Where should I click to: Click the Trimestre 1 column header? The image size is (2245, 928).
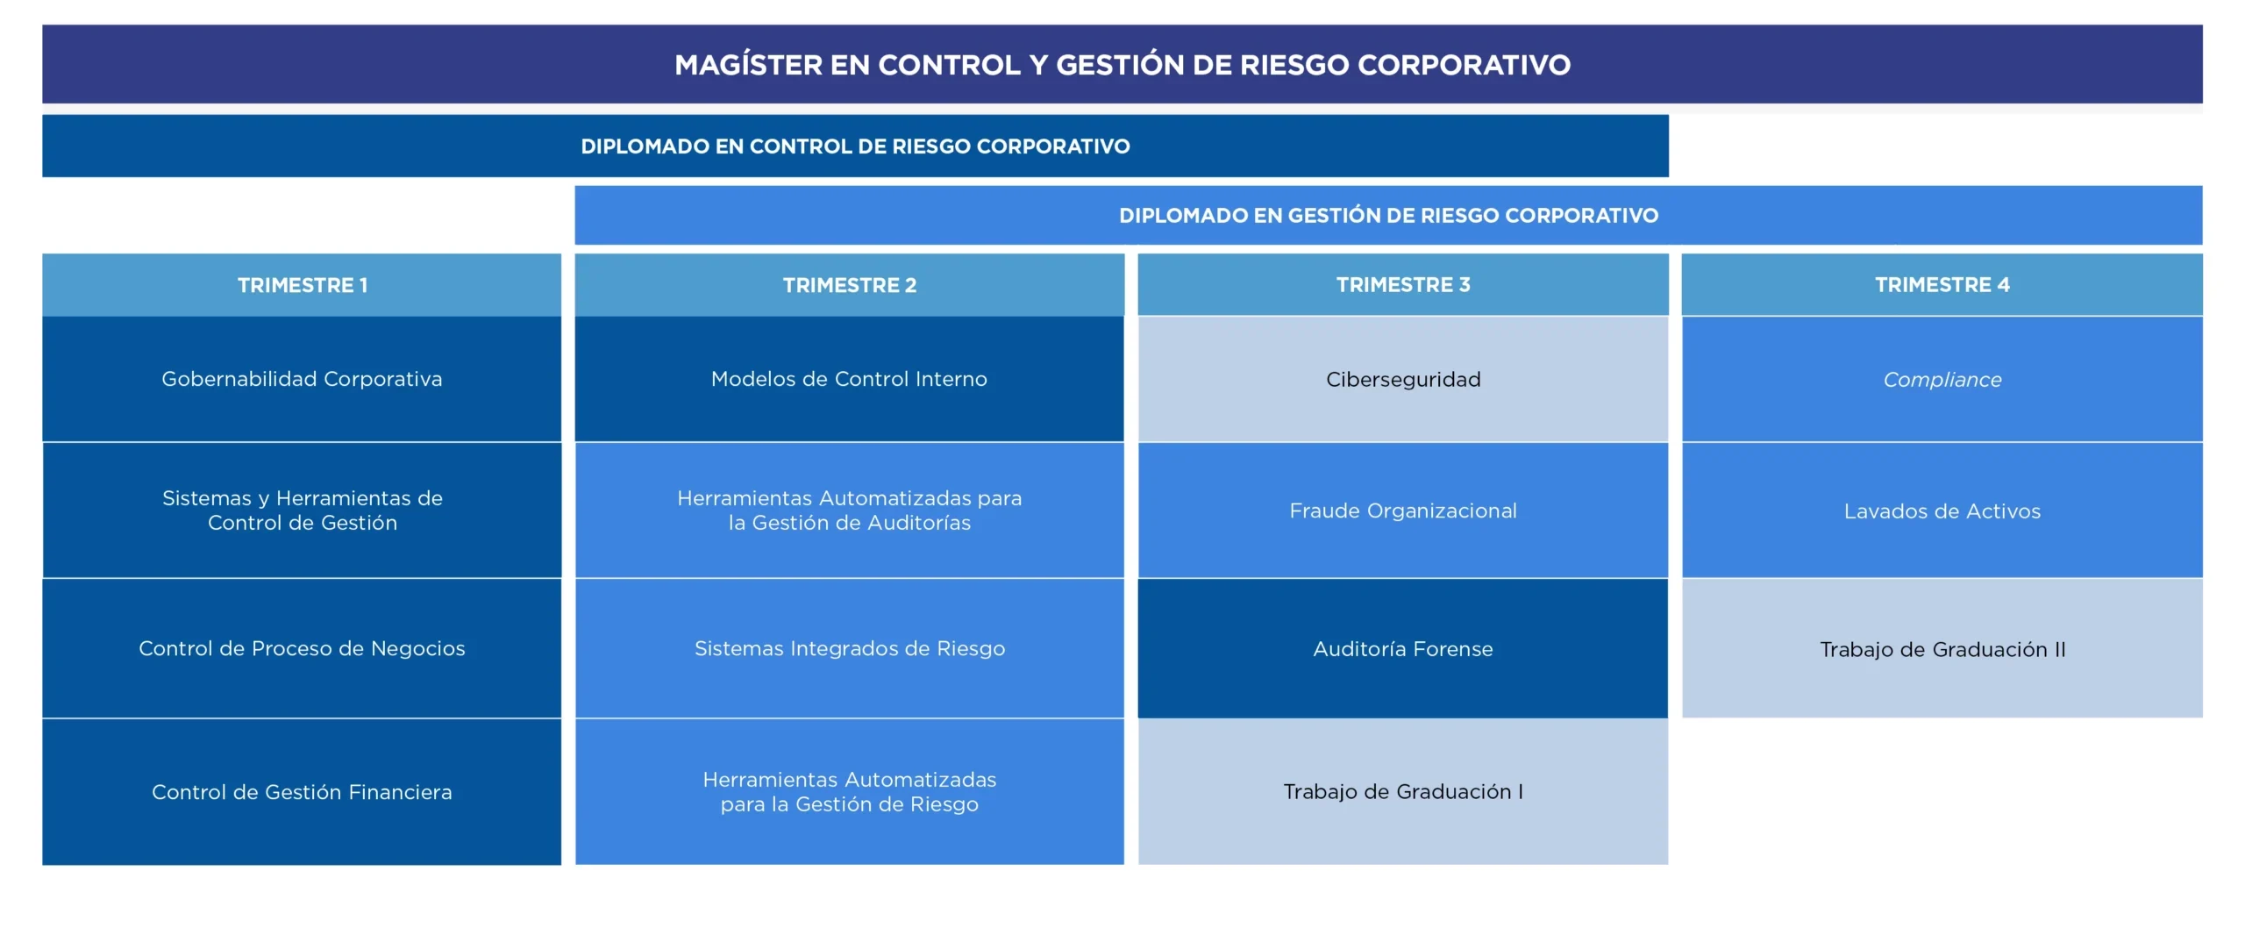point(302,285)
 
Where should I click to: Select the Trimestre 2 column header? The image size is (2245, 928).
point(849,285)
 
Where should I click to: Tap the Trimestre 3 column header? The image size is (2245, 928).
point(1403,285)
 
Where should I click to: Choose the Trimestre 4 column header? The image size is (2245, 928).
point(1942,285)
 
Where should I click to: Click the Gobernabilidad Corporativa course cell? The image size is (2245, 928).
point(302,379)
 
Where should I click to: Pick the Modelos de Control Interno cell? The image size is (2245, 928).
point(849,379)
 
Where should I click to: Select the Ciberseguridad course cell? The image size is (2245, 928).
point(1403,379)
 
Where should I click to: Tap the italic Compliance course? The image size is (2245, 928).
point(1942,379)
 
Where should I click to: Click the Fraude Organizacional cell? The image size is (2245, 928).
point(1403,510)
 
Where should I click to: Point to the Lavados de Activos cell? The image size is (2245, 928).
point(1942,510)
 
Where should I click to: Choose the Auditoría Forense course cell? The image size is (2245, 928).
point(1403,648)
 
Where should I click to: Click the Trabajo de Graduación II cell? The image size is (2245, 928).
point(1942,648)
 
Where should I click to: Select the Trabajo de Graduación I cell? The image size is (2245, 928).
point(1403,791)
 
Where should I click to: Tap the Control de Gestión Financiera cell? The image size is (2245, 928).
point(302,791)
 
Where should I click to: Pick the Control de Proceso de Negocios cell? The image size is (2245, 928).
point(302,648)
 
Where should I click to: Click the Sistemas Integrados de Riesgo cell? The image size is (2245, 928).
point(849,648)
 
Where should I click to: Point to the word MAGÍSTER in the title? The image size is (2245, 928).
point(748,64)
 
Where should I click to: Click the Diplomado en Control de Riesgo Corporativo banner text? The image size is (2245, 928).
point(855,146)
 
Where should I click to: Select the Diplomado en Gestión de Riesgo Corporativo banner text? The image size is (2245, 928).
point(1388,216)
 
